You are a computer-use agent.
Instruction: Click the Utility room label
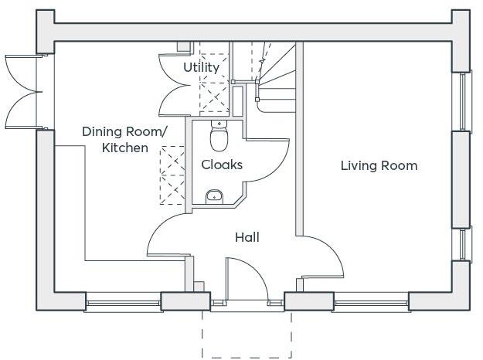[x=201, y=67]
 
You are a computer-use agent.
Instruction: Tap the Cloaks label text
[x=222, y=165]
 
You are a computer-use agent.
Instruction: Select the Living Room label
[x=379, y=165]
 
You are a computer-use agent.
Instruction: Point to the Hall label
[x=247, y=237]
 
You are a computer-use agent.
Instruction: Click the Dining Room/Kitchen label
[x=124, y=140]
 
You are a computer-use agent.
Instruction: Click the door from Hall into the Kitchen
[x=166, y=236]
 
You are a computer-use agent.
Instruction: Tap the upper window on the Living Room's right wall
[x=464, y=100]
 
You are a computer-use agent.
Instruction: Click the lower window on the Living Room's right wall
[x=464, y=244]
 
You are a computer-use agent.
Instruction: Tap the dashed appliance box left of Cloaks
[x=172, y=175]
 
